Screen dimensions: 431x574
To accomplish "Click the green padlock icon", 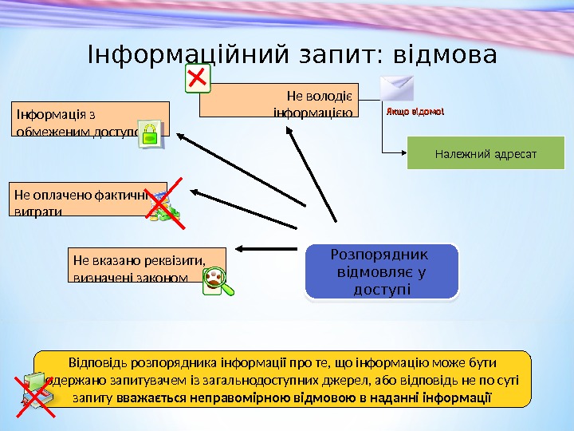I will click(x=151, y=135).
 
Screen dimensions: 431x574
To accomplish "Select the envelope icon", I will click(x=397, y=90).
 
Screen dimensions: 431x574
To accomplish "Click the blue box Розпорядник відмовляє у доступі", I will click(x=382, y=271).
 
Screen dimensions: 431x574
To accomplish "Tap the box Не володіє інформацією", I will click(x=278, y=100).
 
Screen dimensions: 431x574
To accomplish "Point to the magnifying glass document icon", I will click(x=218, y=281).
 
